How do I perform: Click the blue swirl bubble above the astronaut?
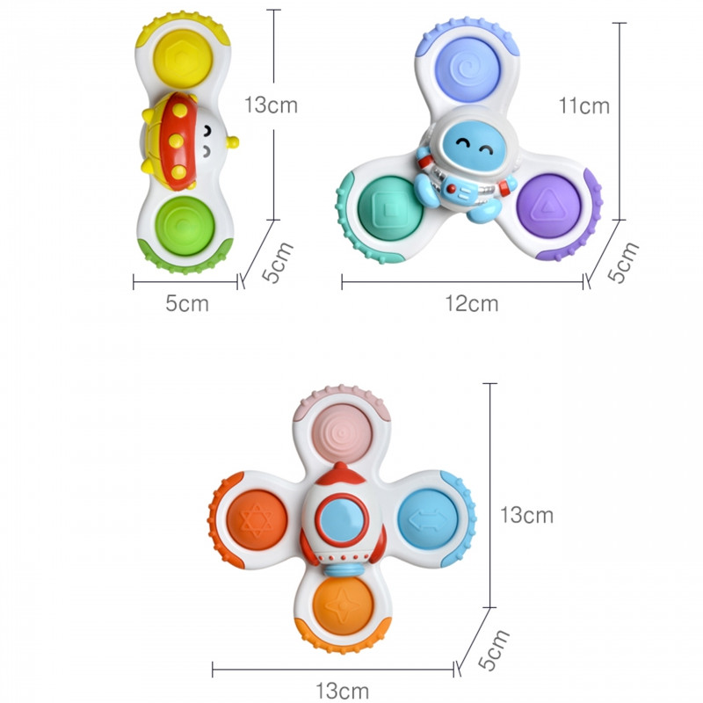[x=466, y=67]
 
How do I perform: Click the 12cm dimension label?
[x=470, y=304]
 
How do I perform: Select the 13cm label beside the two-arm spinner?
[x=271, y=105]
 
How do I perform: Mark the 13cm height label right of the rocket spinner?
[x=526, y=515]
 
